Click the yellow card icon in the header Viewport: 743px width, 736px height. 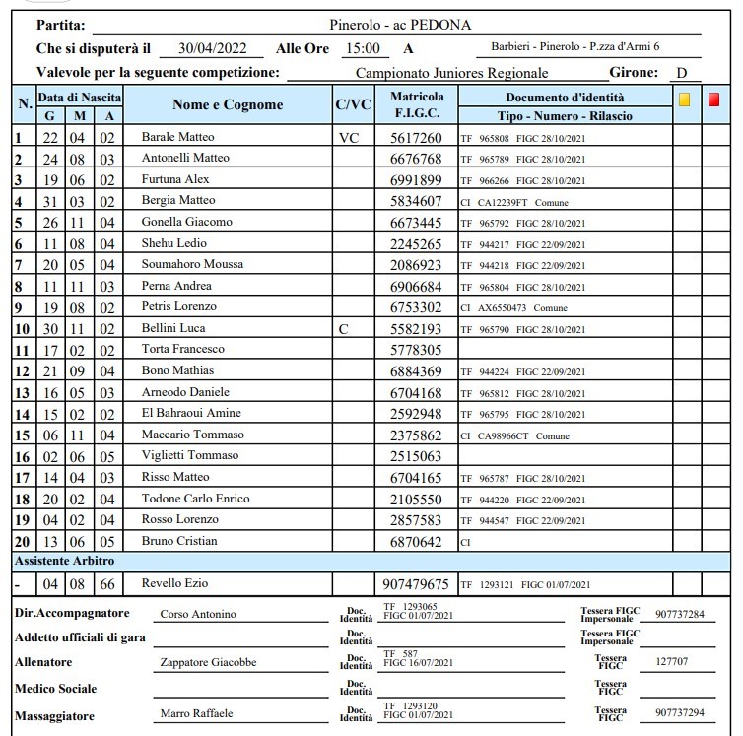point(685,100)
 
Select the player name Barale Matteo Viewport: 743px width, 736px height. point(178,137)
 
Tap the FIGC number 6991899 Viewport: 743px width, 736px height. point(417,180)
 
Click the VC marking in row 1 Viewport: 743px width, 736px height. point(349,138)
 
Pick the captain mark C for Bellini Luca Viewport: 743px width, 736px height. point(344,329)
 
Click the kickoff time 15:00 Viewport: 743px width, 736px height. point(363,48)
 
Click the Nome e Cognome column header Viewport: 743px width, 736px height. point(228,105)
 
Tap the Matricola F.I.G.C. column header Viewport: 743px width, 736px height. point(417,105)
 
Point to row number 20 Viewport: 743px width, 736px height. point(20,542)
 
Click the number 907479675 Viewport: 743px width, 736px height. point(417,584)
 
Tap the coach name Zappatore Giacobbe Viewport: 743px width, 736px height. point(208,663)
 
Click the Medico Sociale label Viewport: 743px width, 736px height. point(55,689)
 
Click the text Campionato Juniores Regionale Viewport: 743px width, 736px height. point(451,73)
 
